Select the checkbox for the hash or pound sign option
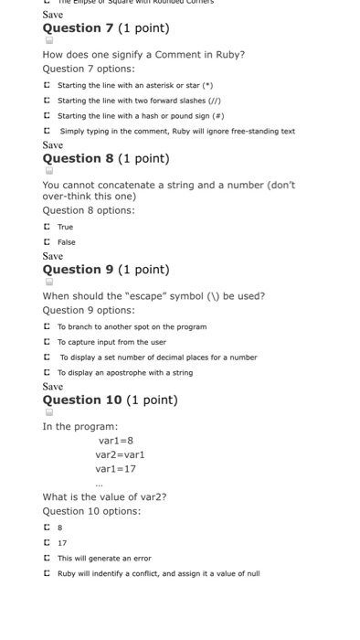pyautogui.click(x=47, y=115)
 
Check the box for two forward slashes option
pyautogui.click(x=47, y=101)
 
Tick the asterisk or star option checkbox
pyautogui.click(x=47, y=85)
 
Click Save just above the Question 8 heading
pyautogui.click(x=53, y=144)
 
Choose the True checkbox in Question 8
pyautogui.click(x=47, y=227)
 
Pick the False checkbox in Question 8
pyautogui.click(x=47, y=242)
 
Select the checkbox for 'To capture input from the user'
pyautogui.click(x=47, y=342)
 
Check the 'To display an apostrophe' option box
pyautogui.click(x=47, y=373)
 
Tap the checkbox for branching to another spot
pyautogui.click(x=47, y=326)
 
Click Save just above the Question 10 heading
pyautogui.click(x=53, y=387)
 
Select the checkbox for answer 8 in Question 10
pyautogui.click(x=47, y=528)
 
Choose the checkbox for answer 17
pyautogui.click(x=47, y=543)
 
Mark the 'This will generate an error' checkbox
pyautogui.click(x=47, y=558)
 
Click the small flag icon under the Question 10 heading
pyautogui.click(x=48, y=412)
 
